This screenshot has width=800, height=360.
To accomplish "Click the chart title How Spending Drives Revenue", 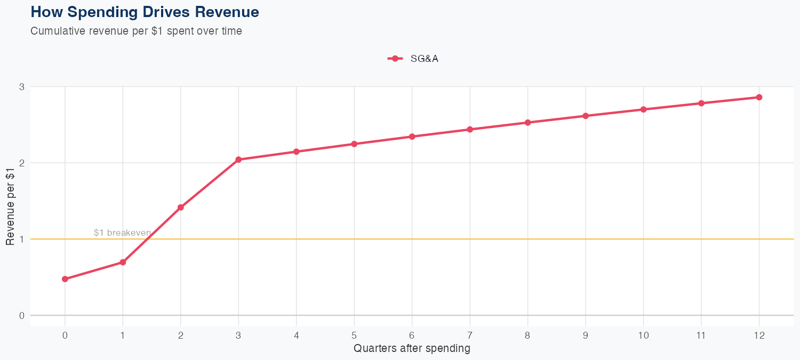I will pyautogui.click(x=145, y=12).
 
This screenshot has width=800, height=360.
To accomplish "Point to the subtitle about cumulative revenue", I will pyautogui.click(x=136, y=31).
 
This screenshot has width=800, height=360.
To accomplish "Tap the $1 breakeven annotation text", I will pyautogui.click(x=122, y=233).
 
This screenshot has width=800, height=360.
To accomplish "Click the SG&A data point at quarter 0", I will pyautogui.click(x=65, y=279).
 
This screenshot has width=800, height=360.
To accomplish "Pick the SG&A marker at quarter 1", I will pyautogui.click(x=123, y=262).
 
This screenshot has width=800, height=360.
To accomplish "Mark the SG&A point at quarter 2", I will pyautogui.click(x=181, y=207).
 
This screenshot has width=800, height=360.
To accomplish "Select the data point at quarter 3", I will pyautogui.click(x=238, y=159).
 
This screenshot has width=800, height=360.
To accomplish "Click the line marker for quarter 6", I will pyautogui.click(x=412, y=137).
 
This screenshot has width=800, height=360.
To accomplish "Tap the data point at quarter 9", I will pyautogui.click(x=586, y=116).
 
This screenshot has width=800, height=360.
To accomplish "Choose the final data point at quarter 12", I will pyautogui.click(x=759, y=97).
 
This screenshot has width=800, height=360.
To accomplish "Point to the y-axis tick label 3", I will pyautogui.click(x=22, y=87).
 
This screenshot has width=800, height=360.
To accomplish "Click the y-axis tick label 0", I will pyautogui.click(x=22, y=315).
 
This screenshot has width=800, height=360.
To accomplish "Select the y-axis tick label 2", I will pyautogui.click(x=22, y=163).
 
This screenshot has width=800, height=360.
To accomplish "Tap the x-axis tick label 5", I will pyautogui.click(x=354, y=335).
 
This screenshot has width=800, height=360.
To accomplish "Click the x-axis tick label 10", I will pyautogui.click(x=643, y=335).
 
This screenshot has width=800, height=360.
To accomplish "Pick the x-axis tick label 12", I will pyautogui.click(x=759, y=335).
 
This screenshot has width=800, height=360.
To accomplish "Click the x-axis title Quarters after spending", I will pyautogui.click(x=412, y=349).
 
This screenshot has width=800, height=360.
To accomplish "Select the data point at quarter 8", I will pyautogui.click(x=527, y=123).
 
